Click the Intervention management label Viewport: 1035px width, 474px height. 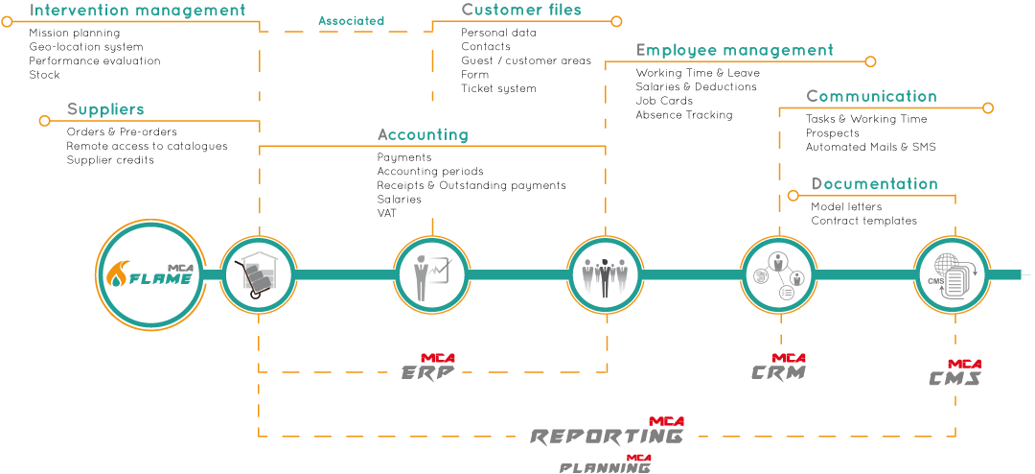point(138,11)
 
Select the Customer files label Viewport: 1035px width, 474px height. point(521,10)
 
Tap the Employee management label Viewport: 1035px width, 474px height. point(734,50)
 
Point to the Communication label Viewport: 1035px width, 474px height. point(871,96)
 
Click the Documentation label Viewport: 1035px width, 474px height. point(874,183)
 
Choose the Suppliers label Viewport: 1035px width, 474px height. point(105,109)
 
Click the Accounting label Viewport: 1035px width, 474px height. point(423,134)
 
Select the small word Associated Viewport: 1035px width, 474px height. point(351,20)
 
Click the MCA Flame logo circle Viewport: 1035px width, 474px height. point(150,274)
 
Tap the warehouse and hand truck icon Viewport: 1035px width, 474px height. point(258,274)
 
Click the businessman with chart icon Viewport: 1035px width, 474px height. point(431,274)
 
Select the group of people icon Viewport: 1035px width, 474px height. point(604,274)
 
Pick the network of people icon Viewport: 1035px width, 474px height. point(777,274)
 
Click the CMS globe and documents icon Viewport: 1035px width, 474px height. point(950,274)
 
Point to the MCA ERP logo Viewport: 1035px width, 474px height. point(428,368)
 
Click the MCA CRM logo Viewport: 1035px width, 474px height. point(779,368)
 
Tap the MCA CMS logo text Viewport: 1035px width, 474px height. point(955,374)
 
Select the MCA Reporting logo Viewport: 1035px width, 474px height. point(608,433)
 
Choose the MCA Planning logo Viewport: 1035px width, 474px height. point(606,464)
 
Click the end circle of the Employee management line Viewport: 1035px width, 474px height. point(870,61)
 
